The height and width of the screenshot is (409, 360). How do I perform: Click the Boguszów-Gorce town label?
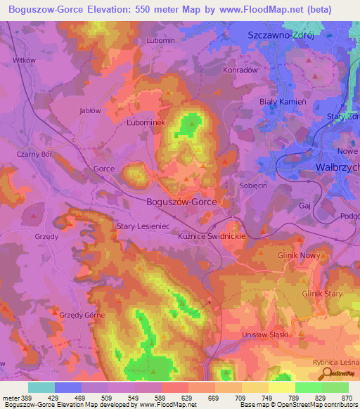point(181,202)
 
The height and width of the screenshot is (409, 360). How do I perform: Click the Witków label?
point(25,60)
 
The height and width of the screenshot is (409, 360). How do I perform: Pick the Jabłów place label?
point(89,110)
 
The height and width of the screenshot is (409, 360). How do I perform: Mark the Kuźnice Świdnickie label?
point(211,238)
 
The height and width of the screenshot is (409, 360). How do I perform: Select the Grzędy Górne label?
point(82,315)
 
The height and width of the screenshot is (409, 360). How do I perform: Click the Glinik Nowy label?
point(299,256)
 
